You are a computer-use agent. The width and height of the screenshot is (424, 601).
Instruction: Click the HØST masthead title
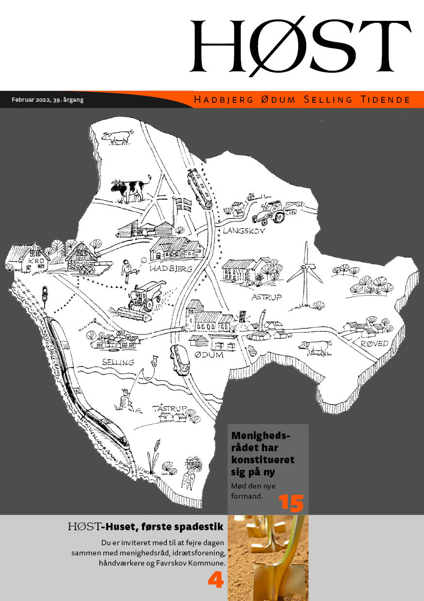[300, 46]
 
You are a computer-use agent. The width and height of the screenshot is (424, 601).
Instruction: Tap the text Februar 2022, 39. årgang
[48, 100]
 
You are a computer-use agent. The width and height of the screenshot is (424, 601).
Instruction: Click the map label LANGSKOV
[244, 231]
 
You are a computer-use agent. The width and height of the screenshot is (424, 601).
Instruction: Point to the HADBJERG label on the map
[171, 268]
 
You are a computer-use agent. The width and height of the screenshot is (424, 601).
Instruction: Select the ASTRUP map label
[267, 297]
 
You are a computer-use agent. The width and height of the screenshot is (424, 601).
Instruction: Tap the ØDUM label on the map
[209, 355]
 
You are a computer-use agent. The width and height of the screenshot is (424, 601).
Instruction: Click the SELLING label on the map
[118, 362]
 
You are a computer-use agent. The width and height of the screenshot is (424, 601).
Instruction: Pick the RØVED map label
[375, 344]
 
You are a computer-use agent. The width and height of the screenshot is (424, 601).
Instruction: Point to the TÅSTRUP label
[170, 409]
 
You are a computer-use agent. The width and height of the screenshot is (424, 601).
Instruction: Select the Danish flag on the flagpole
[183, 205]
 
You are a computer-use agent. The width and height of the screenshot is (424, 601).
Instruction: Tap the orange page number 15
[291, 503]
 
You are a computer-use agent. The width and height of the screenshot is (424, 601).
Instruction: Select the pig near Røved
[315, 347]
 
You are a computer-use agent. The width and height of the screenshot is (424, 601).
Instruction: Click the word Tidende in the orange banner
[385, 99]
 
